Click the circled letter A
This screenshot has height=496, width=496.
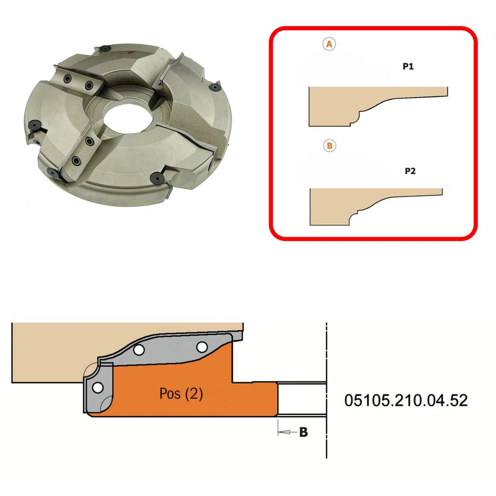[329, 44]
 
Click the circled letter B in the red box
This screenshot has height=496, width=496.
[329, 145]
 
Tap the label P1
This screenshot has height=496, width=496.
[408, 67]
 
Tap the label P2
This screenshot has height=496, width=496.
[410, 171]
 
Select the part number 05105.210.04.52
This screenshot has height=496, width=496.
[406, 401]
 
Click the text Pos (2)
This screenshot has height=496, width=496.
[181, 393]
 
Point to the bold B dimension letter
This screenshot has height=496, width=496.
[304, 432]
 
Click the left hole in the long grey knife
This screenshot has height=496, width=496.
[139, 350]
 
